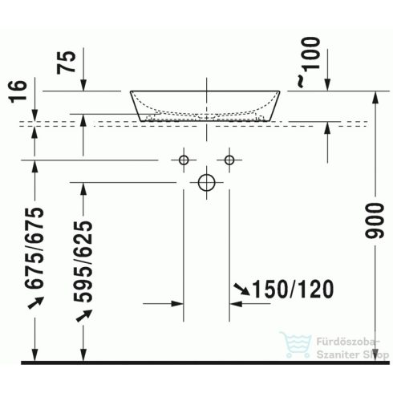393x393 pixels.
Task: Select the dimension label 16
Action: tap(22, 90)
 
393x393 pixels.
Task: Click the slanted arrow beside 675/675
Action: tap(34, 302)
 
